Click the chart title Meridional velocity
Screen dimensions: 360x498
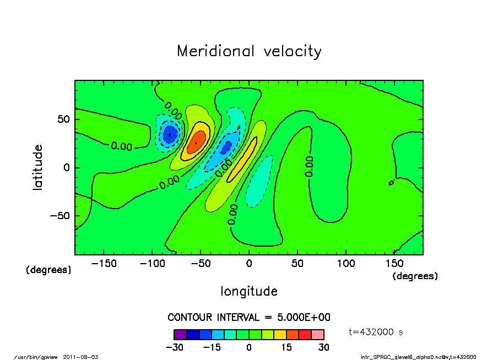click(x=249, y=52)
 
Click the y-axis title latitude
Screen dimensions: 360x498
click(x=38, y=167)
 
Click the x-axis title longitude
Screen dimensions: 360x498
click(x=249, y=291)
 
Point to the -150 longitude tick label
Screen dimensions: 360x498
click(x=104, y=264)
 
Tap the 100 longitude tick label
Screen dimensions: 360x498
click(x=346, y=264)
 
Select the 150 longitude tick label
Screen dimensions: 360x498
click(x=394, y=264)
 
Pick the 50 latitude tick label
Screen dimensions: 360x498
click(x=63, y=119)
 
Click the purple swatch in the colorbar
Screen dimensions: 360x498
click(x=180, y=334)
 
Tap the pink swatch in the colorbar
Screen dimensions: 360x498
click(x=318, y=334)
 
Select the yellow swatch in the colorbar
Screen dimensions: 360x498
click(x=280, y=334)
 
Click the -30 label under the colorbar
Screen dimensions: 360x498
click(x=174, y=347)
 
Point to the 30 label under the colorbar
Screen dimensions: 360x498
click(x=323, y=347)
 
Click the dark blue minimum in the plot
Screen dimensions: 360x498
click(x=170, y=134)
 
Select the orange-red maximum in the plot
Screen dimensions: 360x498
click(x=195, y=143)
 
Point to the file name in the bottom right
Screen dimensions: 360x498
click(x=418, y=357)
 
